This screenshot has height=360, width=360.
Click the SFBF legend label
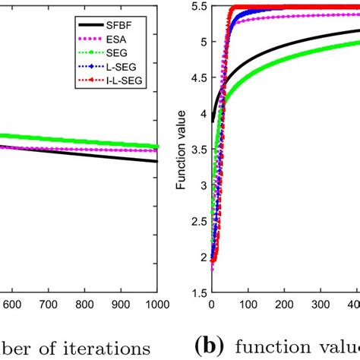135,24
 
